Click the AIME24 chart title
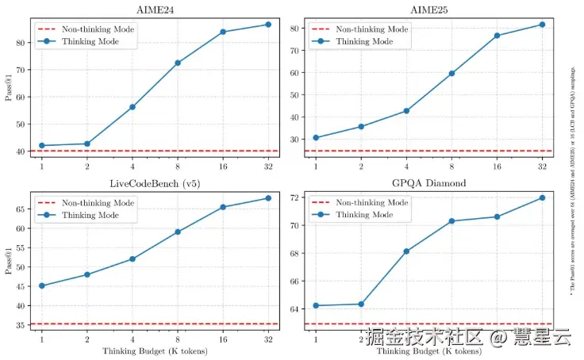155,9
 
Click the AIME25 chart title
428,9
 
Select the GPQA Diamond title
428,183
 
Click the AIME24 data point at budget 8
178,63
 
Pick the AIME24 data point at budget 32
268,25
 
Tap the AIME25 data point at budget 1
316,138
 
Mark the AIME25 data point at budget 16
497,36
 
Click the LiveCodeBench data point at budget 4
133,259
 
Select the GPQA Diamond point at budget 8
451,221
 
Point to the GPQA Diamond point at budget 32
542,197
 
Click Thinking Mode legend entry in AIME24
89,41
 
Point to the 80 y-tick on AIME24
20,36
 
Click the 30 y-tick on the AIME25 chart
294,140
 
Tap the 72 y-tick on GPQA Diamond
294,197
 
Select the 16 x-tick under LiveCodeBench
223,339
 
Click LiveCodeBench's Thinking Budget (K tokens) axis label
155,350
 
